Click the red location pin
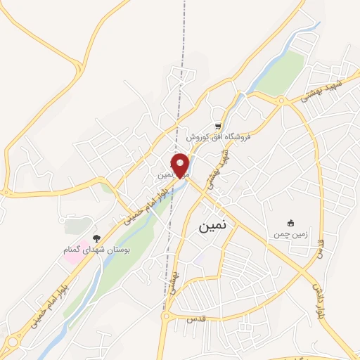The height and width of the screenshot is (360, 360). pyautogui.click(x=181, y=165)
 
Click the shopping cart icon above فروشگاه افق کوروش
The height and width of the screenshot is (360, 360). pyautogui.click(x=218, y=126)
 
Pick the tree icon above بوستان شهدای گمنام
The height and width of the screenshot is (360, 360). pyautogui.click(x=96, y=238)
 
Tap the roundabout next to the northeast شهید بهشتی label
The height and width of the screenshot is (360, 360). pyautogui.click(x=281, y=101)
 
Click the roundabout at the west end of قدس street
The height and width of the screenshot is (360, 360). pyautogui.click(x=167, y=317)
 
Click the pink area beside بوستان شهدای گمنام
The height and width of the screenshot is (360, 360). pyautogui.click(x=74, y=252)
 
